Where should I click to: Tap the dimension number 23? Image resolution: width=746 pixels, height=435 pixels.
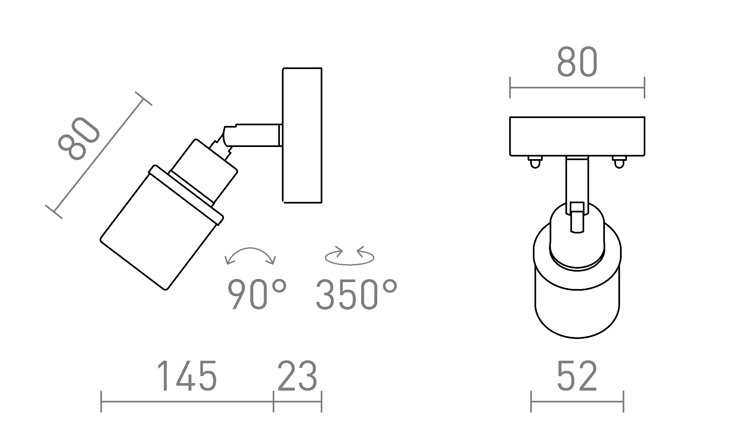(x=297, y=376)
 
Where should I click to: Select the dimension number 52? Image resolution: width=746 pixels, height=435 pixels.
(x=577, y=376)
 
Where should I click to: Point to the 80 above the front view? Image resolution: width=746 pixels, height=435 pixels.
(x=577, y=62)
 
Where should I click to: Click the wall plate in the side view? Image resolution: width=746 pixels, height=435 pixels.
(x=302, y=135)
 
